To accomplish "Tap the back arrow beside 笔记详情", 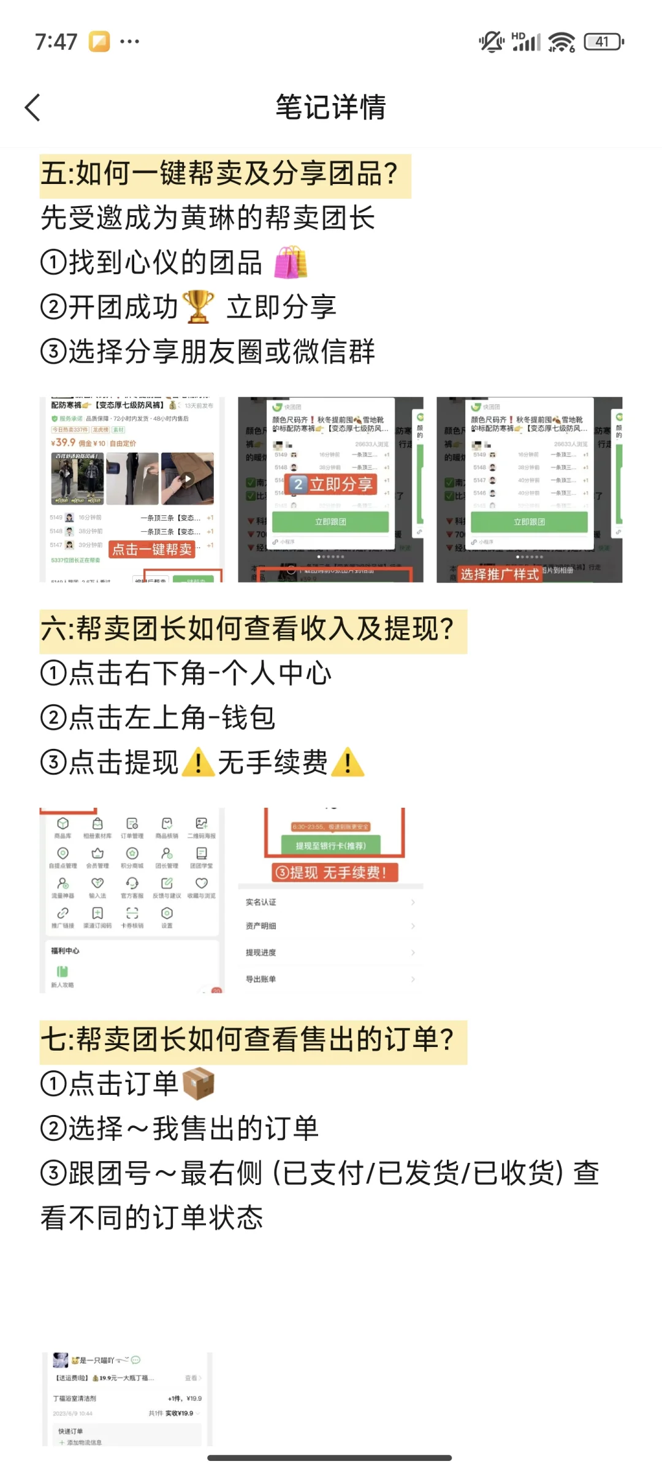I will coord(32,108).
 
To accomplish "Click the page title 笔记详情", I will coord(330,107).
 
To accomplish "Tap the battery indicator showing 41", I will coord(603,42).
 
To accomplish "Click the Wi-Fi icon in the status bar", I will coord(561,42).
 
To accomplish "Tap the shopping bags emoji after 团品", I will coord(290,263).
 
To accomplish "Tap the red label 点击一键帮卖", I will coord(152,549).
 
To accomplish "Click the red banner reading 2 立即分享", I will coord(332,484).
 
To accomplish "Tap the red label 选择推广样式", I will coord(500,574).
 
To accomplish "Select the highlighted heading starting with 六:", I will coord(253,630).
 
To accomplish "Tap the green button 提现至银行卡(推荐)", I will coord(331,845).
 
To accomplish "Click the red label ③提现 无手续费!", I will coord(335,872).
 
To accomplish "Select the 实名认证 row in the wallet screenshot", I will coord(330,902).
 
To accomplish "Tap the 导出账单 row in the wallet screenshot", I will coord(330,979).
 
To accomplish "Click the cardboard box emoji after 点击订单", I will coord(198,1084).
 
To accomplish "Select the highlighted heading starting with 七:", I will coord(253,1041).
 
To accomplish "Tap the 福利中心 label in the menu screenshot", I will coord(65,951).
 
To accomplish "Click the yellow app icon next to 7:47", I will coord(99,42).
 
